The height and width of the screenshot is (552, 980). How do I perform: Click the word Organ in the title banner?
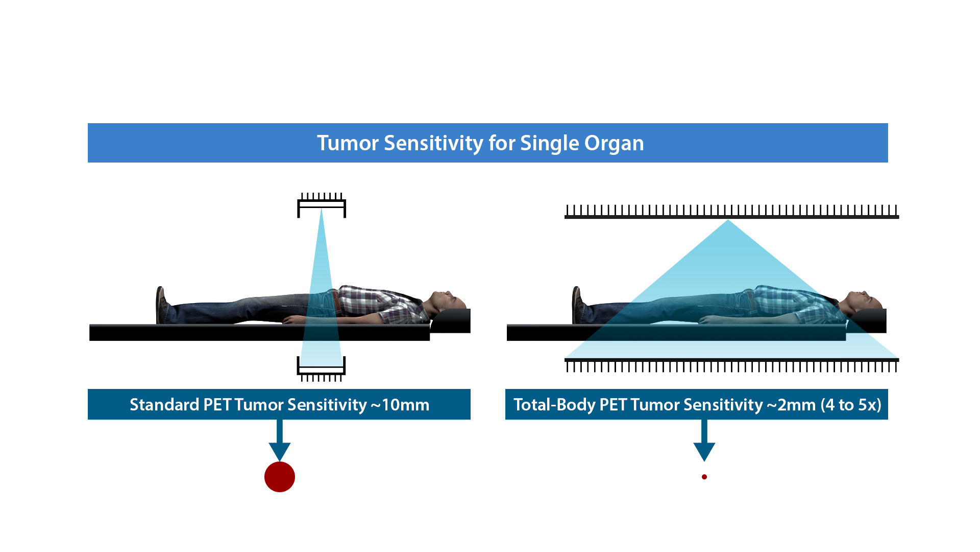[x=614, y=144]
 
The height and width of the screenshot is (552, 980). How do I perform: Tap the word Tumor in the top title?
[x=348, y=143]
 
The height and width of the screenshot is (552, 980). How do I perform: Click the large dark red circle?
[x=280, y=477]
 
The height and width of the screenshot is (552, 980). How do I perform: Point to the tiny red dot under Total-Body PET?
[x=704, y=477]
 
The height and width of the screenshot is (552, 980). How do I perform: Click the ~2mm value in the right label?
[x=791, y=405]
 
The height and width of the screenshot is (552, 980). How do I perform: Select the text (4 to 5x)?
[x=851, y=405]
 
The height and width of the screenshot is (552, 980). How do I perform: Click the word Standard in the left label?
[x=164, y=405]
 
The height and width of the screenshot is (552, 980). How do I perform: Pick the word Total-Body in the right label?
[x=555, y=405]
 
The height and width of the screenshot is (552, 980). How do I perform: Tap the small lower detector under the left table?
[x=322, y=369]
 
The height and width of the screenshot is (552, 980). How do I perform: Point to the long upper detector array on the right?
[x=731, y=212]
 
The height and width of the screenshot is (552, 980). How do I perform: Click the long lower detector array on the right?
[x=731, y=365]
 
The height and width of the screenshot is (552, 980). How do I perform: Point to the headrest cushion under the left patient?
[x=451, y=321]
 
